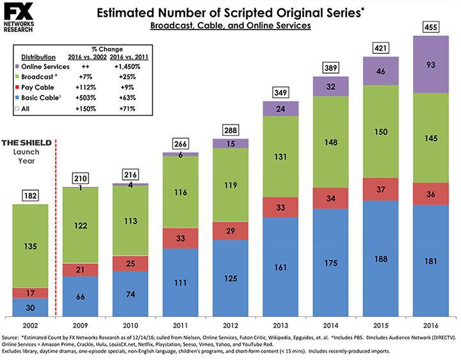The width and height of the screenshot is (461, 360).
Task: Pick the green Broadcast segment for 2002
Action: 31,245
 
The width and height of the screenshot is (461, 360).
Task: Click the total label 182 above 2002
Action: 30,193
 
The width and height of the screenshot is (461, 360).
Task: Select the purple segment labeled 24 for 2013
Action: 281,109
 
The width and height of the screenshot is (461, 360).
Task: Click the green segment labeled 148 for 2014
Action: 330,142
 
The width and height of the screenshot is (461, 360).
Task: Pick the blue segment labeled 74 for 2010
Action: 131,294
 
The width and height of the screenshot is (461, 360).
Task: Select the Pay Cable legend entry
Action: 39,86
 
